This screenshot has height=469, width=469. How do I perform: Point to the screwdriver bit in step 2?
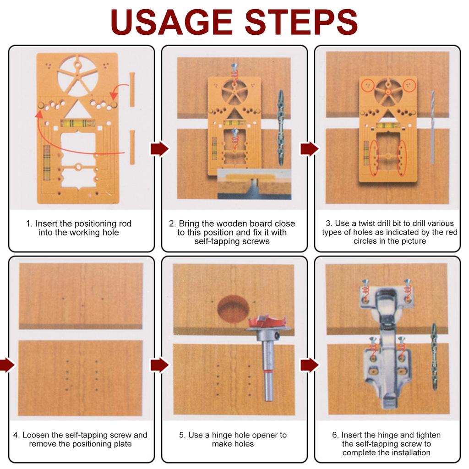(x=280, y=128)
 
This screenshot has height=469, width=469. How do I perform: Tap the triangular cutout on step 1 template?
(x=77, y=109)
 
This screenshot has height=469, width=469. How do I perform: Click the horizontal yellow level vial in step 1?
(x=77, y=123)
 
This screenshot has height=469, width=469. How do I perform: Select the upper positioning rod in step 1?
(x=132, y=89)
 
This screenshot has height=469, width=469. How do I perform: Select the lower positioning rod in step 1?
(x=132, y=147)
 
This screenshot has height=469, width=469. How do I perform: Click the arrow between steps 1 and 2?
(x=159, y=149)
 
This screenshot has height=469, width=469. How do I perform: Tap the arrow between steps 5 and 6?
(x=309, y=365)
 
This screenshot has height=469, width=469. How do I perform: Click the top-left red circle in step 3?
(x=368, y=85)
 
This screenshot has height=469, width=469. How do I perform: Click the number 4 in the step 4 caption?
(x=16, y=435)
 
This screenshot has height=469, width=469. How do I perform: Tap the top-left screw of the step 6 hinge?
(x=365, y=288)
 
